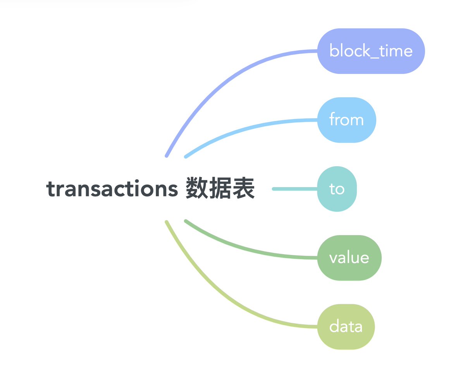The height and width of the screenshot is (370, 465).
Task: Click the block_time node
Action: pyautogui.click(x=371, y=51)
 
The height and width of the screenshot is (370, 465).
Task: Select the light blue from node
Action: pyautogui.click(x=346, y=120)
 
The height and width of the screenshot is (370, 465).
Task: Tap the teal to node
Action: pyautogui.click(x=337, y=189)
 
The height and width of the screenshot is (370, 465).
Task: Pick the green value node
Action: pyautogui.click(x=349, y=258)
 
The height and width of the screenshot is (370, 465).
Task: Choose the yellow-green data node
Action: pyautogui.click(x=346, y=327)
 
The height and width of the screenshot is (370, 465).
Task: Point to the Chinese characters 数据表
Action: pyautogui.click(x=220, y=188)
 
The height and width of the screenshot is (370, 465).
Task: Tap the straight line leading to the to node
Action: pyautogui.click(x=294, y=189)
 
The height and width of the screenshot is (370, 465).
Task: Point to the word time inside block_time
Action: pyautogui.click(x=396, y=51)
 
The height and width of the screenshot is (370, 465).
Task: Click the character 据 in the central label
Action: pyautogui.click(x=220, y=188)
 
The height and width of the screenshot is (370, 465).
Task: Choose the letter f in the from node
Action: pyautogui.click(x=332, y=119)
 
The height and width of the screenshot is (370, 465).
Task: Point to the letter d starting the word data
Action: pyautogui.click(x=334, y=327)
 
